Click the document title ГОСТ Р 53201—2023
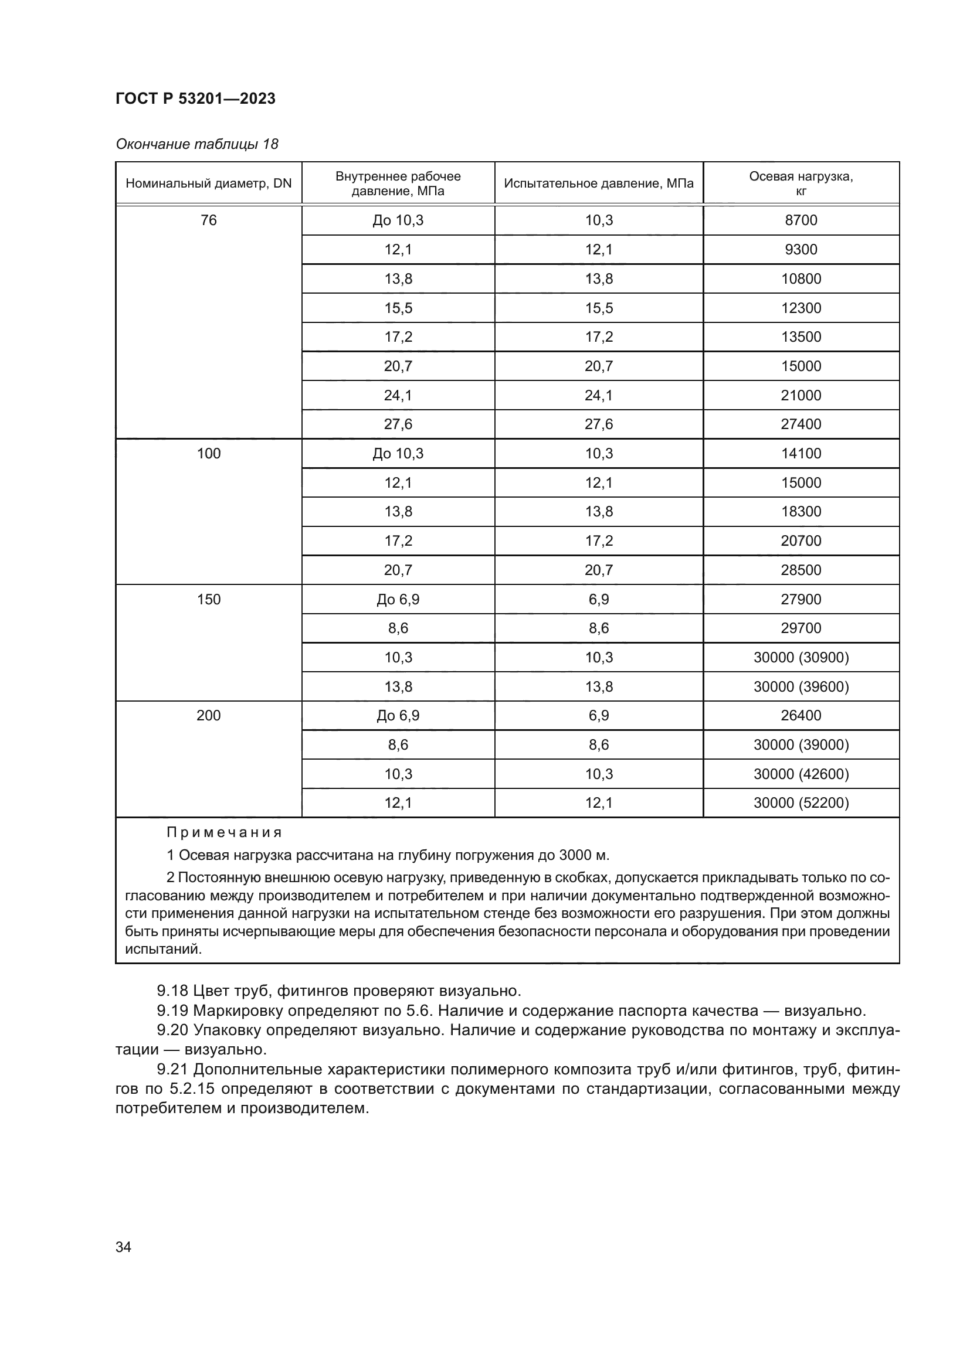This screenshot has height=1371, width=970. [195, 98]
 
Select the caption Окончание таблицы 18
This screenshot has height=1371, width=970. [196, 144]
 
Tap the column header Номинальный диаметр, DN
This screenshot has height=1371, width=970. [208, 183]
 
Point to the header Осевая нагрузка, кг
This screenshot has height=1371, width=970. [801, 183]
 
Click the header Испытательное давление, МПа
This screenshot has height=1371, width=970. [599, 183]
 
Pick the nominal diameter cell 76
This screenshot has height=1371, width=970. [208, 220]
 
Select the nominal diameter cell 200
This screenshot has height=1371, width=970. [208, 715]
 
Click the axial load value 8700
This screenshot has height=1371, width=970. [801, 220]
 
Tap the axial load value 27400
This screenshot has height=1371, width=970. [801, 424]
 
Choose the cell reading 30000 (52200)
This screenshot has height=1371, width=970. [801, 803]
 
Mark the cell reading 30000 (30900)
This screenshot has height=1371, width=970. [801, 658]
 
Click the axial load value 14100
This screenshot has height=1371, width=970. [801, 454]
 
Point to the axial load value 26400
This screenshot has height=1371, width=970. [801, 715]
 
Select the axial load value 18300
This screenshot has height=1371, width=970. [801, 512]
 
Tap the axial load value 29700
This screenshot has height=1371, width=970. [801, 628]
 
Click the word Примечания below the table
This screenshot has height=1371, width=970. [224, 832]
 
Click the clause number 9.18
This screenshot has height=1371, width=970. [172, 991]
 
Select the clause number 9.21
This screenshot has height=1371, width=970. [172, 1070]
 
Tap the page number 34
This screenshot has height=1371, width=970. [123, 1247]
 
